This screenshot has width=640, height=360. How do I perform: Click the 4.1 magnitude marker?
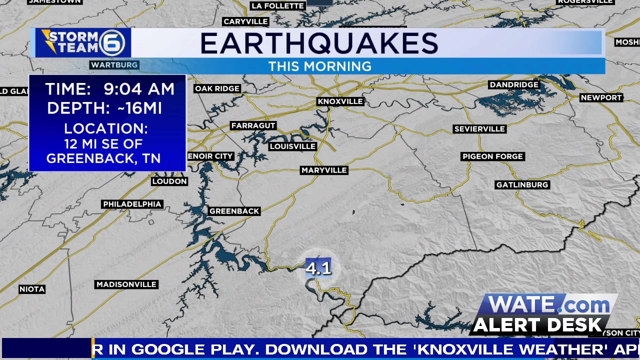click(318, 268)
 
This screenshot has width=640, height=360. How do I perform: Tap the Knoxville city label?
click(340, 101)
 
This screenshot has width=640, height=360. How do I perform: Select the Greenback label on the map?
click(234, 211)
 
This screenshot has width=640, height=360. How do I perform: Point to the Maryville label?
click(324, 170)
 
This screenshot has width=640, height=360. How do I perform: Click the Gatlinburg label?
click(522, 185)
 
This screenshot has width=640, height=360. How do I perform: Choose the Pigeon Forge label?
click(492, 156)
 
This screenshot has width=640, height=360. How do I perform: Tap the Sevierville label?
click(479, 129)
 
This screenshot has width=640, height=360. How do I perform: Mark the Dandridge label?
click(514, 84)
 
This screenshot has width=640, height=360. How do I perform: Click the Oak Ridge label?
click(217, 88)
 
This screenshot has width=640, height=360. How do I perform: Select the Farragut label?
click(253, 125)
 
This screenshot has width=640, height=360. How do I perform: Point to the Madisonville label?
click(126, 284)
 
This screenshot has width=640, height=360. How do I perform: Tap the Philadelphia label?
click(132, 204)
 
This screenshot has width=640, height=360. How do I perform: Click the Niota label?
click(32, 289)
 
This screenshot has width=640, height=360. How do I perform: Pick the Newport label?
click(601, 97)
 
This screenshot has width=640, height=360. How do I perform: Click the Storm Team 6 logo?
click(82, 42)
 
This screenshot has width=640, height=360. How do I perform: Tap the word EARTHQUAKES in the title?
click(319, 44)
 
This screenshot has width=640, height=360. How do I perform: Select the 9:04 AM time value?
click(139, 89)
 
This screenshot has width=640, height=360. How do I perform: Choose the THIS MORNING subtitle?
click(319, 66)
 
